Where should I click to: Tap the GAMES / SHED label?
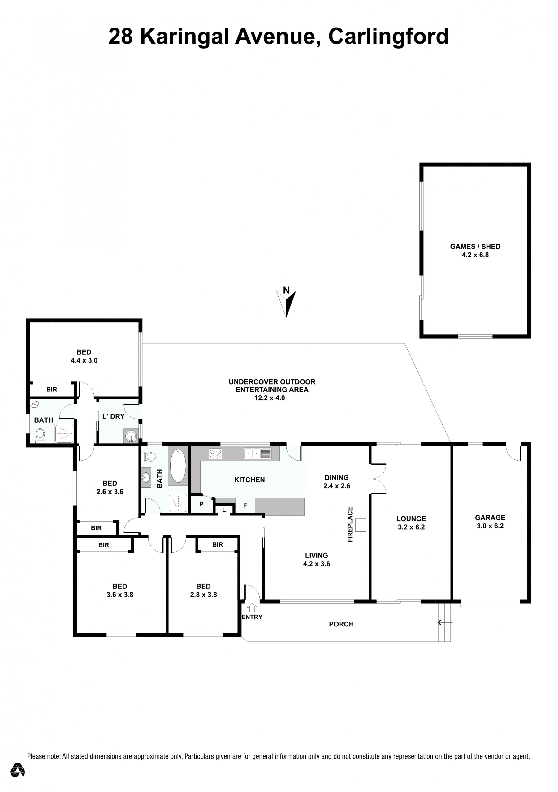[475, 247]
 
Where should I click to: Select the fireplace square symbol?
[361, 525]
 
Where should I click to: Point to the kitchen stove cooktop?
[215, 454]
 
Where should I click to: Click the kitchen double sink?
[257, 453]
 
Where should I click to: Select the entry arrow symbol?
[252, 607]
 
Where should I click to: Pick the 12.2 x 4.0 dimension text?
[270, 398]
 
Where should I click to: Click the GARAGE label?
[490, 517]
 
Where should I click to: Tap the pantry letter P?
[201, 504]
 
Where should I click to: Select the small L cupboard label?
[224, 510]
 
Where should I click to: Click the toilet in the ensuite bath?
[40, 436]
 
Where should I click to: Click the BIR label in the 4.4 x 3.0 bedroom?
[52, 390]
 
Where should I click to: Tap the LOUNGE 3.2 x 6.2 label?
[411, 523]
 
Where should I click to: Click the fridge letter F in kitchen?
[245, 506]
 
